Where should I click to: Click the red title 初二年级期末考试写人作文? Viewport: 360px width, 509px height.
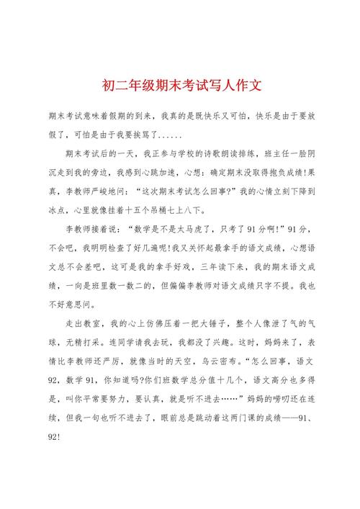[180, 85]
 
